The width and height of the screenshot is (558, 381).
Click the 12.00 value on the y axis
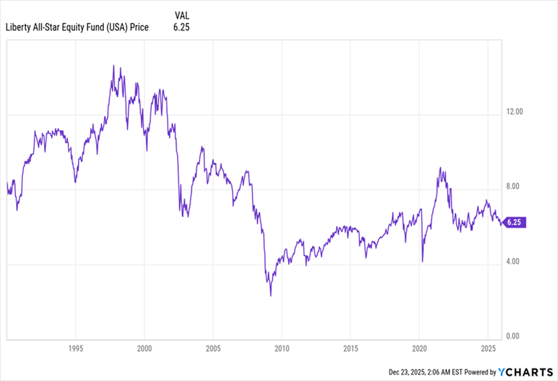click(x=514, y=111)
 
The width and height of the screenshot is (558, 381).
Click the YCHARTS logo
click(x=526, y=372)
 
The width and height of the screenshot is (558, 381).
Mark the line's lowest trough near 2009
click(x=271, y=295)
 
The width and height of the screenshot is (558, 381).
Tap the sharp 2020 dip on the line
click(x=423, y=261)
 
